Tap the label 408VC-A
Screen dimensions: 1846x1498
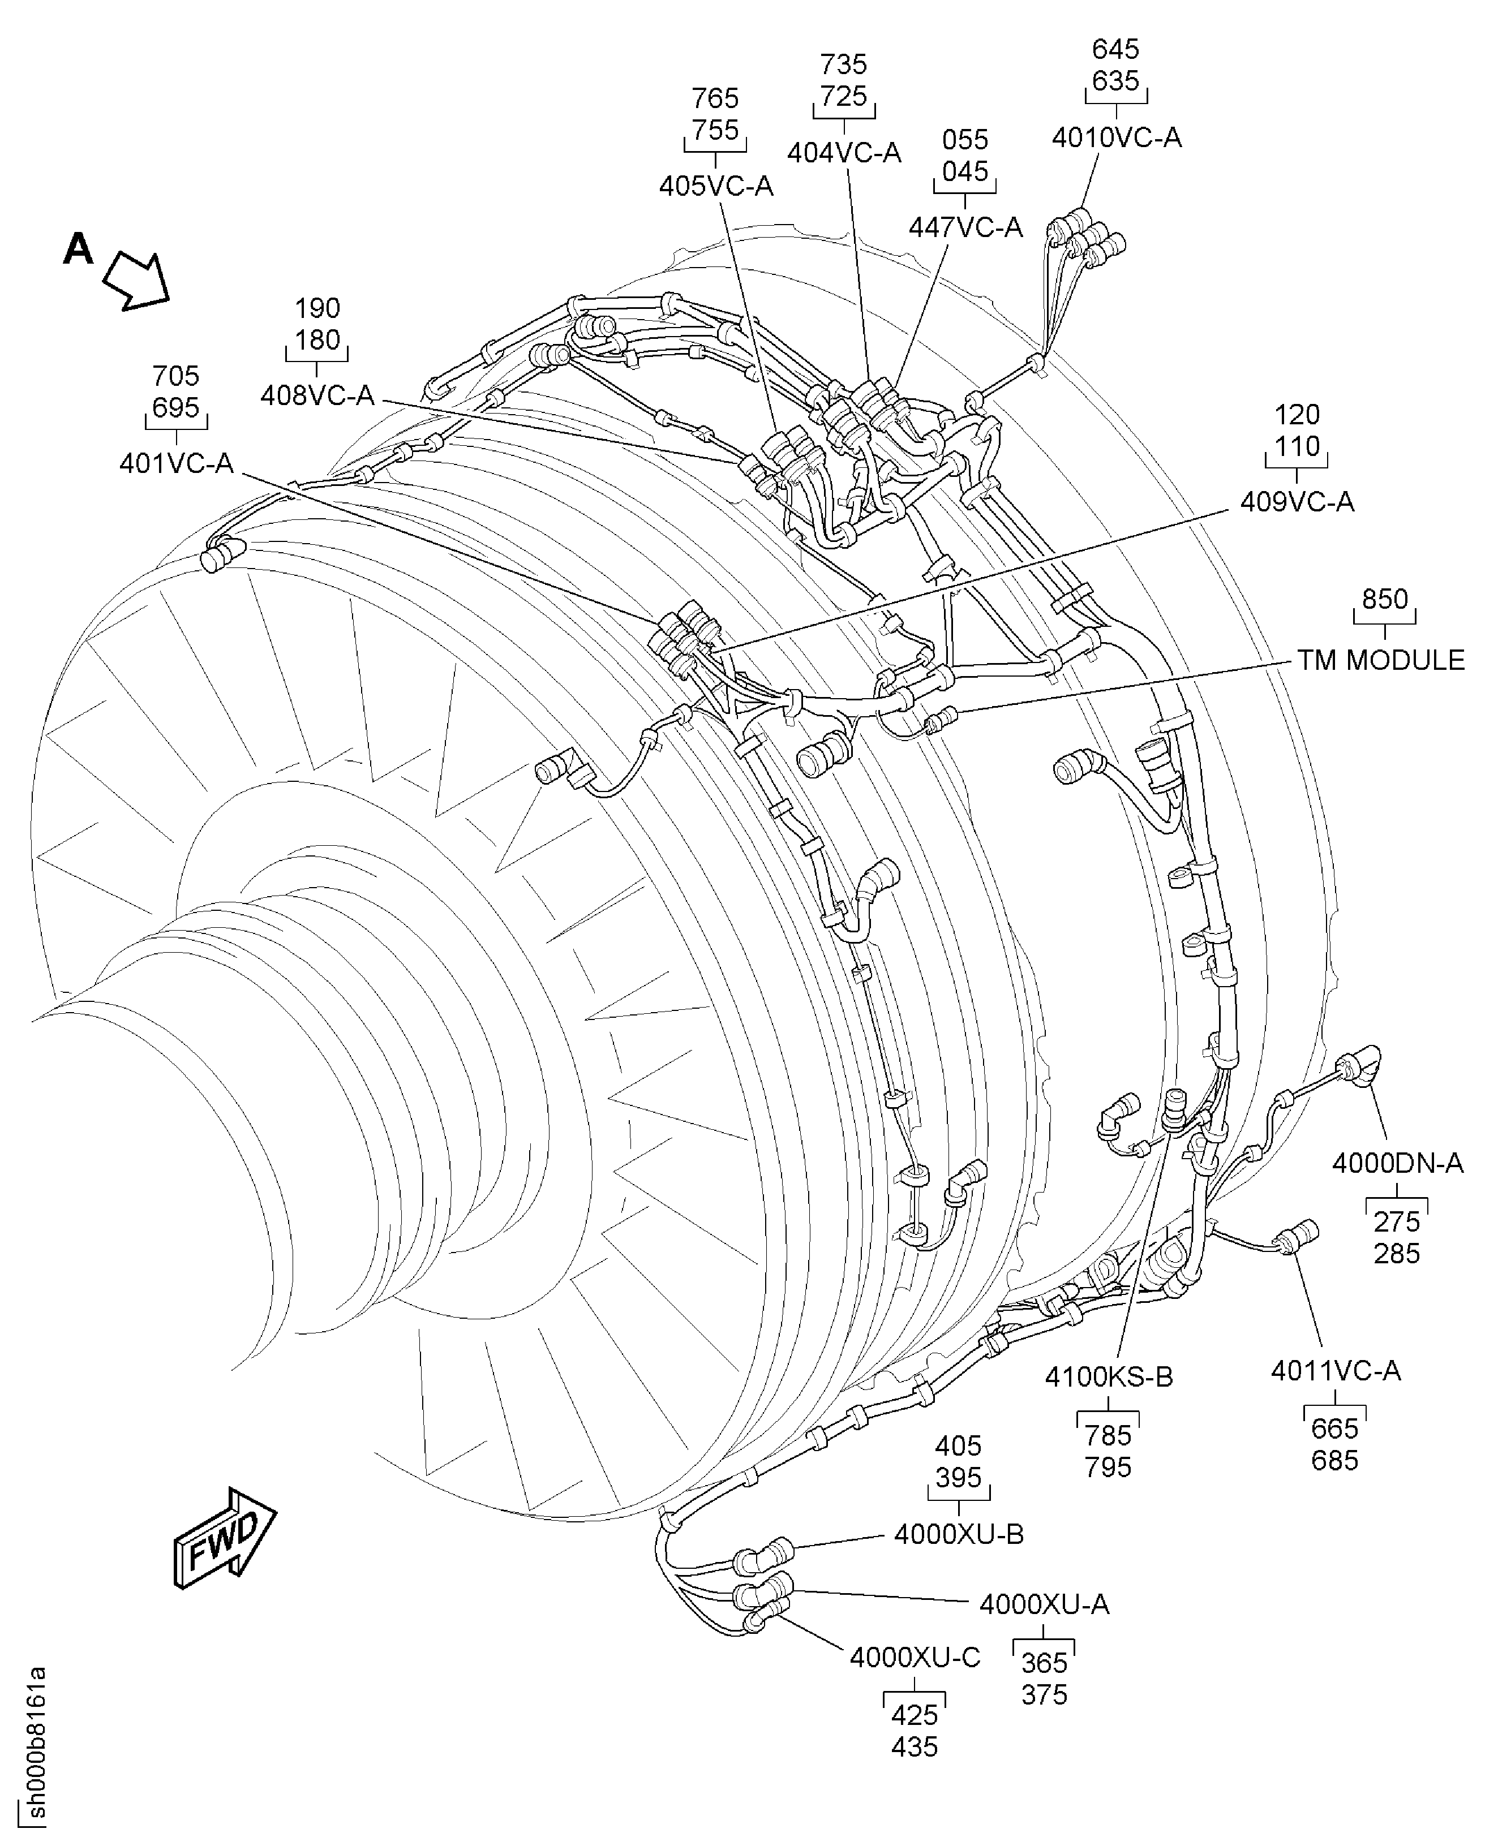(x=317, y=395)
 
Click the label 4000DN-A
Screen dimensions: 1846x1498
(x=1397, y=1164)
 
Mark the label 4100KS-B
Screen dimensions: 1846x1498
(x=1109, y=1378)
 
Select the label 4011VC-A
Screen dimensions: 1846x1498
(x=1335, y=1371)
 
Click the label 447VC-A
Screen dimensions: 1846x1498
(x=965, y=227)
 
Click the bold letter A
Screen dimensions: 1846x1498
(x=79, y=250)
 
